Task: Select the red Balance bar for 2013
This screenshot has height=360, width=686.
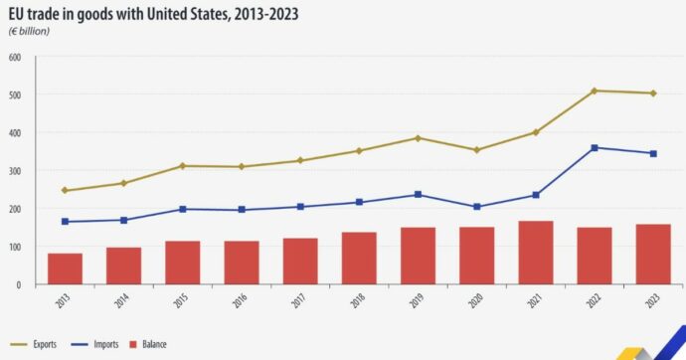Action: click(65, 269)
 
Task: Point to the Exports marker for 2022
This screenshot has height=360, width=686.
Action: click(595, 90)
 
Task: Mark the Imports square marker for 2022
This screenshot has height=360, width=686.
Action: click(595, 148)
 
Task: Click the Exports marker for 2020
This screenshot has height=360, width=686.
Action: click(476, 150)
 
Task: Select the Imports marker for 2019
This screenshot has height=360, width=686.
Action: click(418, 195)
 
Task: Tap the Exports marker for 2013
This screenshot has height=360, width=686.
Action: click(65, 191)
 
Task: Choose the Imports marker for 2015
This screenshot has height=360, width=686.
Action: click(182, 209)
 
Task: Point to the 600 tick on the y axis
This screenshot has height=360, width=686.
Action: click(15, 57)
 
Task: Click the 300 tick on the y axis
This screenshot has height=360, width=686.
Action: click(15, 171)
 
